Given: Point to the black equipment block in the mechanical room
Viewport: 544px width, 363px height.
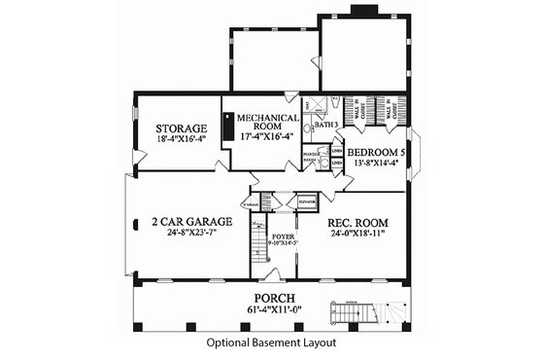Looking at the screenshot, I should pyautogui.click(x=228, y=127).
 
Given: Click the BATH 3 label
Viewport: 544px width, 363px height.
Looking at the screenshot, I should pyautogui.click(x=327, y=125).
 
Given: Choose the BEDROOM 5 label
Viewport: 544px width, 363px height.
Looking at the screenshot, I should pyautogui.click(x=377, y=153).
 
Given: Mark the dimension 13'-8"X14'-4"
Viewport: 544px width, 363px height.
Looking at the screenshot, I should pyautogui.click(x=377, y=163).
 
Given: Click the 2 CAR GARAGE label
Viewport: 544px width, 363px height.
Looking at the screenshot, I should pyautogui.click(x=189, y=222).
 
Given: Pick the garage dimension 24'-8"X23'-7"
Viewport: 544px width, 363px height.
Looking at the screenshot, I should pyautogui.click(x=189, y=235).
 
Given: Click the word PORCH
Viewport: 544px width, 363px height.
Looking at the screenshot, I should pyautogui.click(x=275, y=297).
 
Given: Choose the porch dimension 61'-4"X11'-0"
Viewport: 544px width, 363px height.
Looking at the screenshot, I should pyautogui.click(x=275, y=310).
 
